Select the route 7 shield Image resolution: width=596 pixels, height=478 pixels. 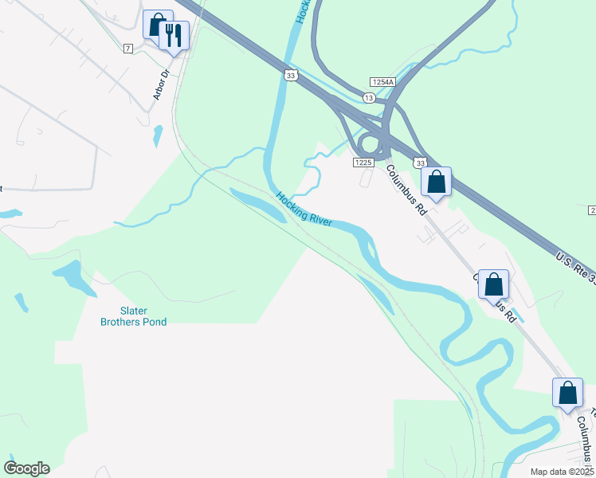point(127,49)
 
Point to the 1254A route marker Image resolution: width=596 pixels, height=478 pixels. point(382,82)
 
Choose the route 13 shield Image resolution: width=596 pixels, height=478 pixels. point(368,97)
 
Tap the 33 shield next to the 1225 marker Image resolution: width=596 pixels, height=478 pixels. point(420,162)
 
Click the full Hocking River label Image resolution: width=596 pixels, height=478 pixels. point(304,209)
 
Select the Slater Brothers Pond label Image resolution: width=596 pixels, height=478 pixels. point(133,316)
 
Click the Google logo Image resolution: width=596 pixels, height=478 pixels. point(26,468)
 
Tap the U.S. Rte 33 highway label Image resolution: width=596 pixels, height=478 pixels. point(575,268)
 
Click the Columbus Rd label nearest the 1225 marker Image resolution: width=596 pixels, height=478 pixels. point(407,190)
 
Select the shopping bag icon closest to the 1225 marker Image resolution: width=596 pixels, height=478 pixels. point(436,181)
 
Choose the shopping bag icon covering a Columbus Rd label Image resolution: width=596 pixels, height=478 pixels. point(493,284)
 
